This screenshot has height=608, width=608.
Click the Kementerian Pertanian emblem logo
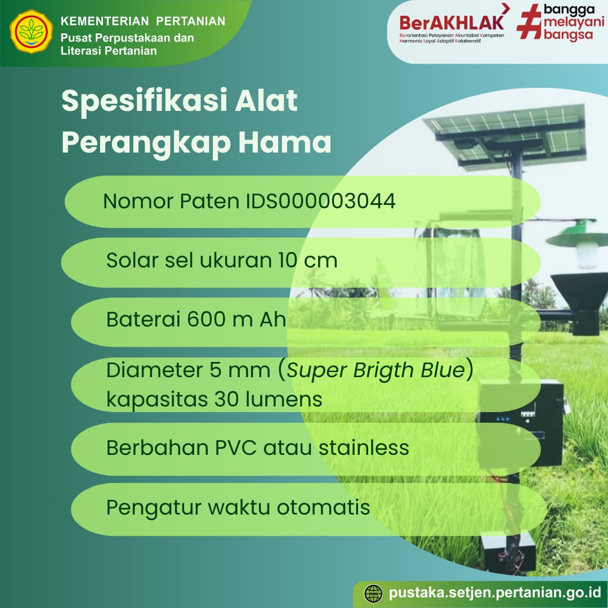[32, 32]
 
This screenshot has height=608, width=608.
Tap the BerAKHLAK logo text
[451, 23]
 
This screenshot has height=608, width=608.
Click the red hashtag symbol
[530, 21]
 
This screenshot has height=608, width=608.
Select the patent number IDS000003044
[321, 201]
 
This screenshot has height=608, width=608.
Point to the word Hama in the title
[285, 142]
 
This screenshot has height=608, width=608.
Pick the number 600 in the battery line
[206, 319]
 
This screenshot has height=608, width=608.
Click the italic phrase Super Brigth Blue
[375, 370]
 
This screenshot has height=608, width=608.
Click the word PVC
[236, 448]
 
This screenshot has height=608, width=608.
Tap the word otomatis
[323, 507]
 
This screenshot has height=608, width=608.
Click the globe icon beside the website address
[373, 594]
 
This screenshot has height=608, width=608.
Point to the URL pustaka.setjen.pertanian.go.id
[495, 593]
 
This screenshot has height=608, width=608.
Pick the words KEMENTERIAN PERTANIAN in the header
[143, 21]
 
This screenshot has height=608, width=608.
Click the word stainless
[364, 448]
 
